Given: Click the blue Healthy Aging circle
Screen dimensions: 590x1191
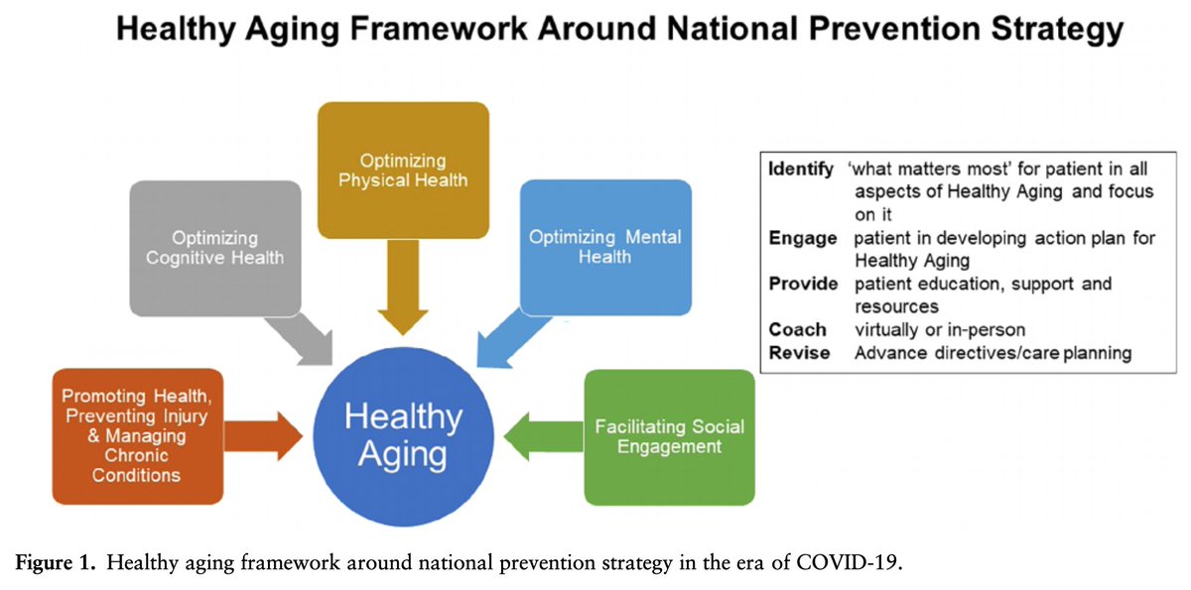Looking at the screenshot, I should point(402,435).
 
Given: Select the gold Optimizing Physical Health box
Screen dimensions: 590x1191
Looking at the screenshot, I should point(402,170).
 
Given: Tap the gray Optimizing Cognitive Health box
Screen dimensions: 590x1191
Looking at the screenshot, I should point(214,248).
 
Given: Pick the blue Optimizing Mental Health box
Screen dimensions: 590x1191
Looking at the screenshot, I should point(604,248).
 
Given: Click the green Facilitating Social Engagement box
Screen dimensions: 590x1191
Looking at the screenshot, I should point(669,436).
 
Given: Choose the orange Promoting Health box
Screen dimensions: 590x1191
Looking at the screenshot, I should point(137,435).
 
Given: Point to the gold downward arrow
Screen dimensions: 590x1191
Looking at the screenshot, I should point(402,288).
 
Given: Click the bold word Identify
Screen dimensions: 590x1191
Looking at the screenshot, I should point(801,170).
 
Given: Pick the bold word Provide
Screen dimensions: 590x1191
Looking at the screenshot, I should point(802,285).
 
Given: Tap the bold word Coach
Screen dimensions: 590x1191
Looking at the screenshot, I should point(796,330).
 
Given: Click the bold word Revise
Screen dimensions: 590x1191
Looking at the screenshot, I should point(798,353).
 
